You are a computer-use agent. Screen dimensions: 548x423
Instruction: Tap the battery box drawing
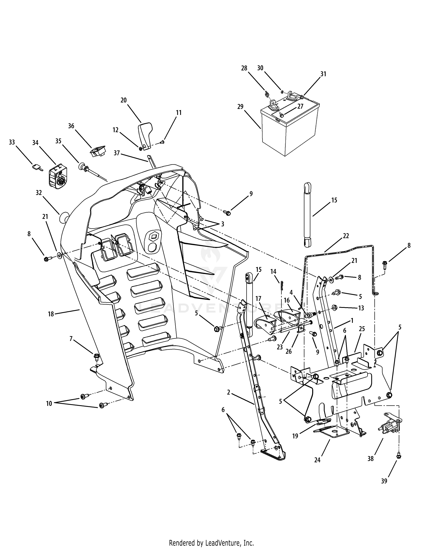pyautogui.click(x=288, y=131)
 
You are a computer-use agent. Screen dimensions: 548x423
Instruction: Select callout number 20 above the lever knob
pyautogui.click(x=124, y=100)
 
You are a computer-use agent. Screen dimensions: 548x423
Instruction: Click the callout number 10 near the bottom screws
pyautogui.click(x=49, y=404)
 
